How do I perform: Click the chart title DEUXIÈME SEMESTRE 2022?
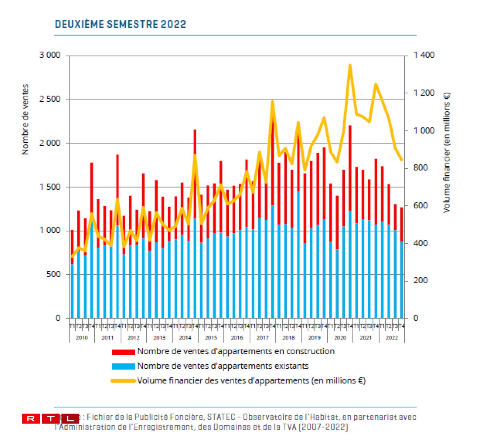pos(120,24)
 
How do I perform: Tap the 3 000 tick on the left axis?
pos(50,55)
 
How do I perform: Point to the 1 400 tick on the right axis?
pos(424,55)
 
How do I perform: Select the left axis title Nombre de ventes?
pos(25,120)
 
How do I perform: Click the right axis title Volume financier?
pos(446,152)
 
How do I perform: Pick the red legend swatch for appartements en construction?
pos(123,352)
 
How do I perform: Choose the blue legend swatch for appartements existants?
pos(123,366)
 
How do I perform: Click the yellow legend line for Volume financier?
pos(123,381)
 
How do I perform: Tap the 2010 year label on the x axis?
pos(82,337)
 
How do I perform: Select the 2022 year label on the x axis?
pos(392,337)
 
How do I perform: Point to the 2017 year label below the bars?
pos(263,337)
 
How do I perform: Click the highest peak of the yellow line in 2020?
pos(350,66)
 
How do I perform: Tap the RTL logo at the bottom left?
pos(50,419)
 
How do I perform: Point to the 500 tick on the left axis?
pos(53,274)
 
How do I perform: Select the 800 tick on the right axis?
pos(420,168)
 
